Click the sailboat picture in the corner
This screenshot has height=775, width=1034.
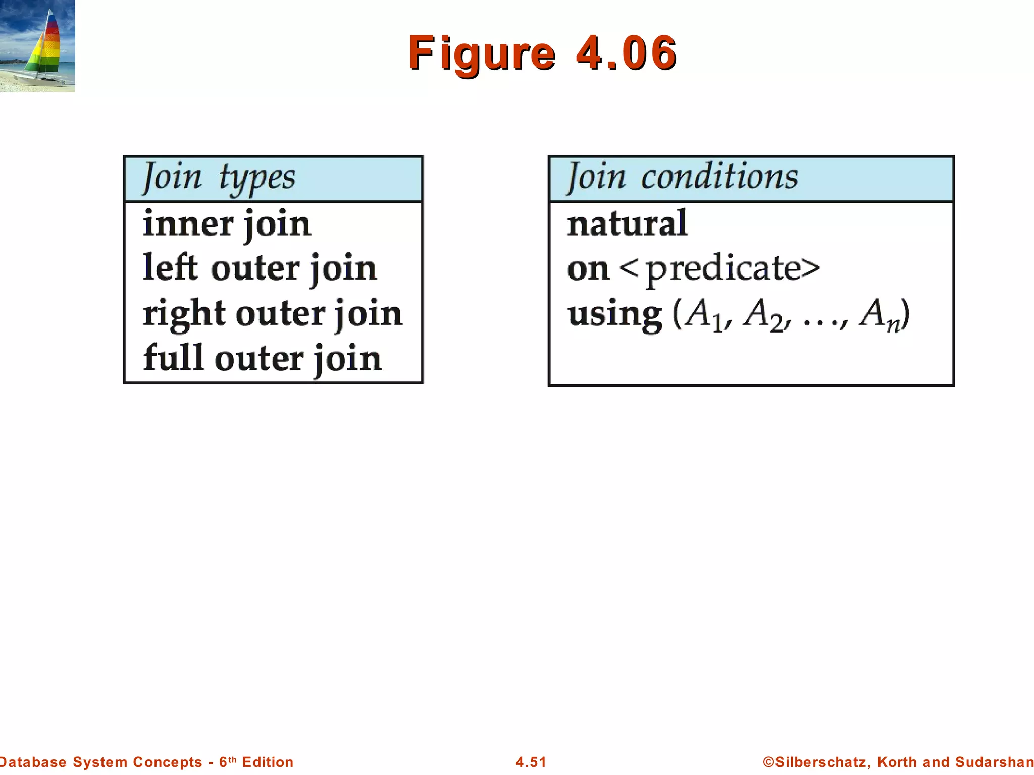(37, 46)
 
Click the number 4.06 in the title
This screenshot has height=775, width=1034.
(626, 52)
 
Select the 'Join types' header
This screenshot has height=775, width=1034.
(219, 178)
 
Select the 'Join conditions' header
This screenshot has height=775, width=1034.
(683, 177)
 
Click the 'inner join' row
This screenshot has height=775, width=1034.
(227, 224)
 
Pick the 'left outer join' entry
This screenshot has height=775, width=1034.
(260, 268)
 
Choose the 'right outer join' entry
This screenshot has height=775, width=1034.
(273, 313)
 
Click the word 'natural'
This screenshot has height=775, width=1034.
(627, 223)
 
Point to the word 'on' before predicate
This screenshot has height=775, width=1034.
(588, 269)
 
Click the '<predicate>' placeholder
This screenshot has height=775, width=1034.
(720, 269)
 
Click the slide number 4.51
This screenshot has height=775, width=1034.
(531, 762)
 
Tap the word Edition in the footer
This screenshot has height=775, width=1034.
(268, 762)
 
